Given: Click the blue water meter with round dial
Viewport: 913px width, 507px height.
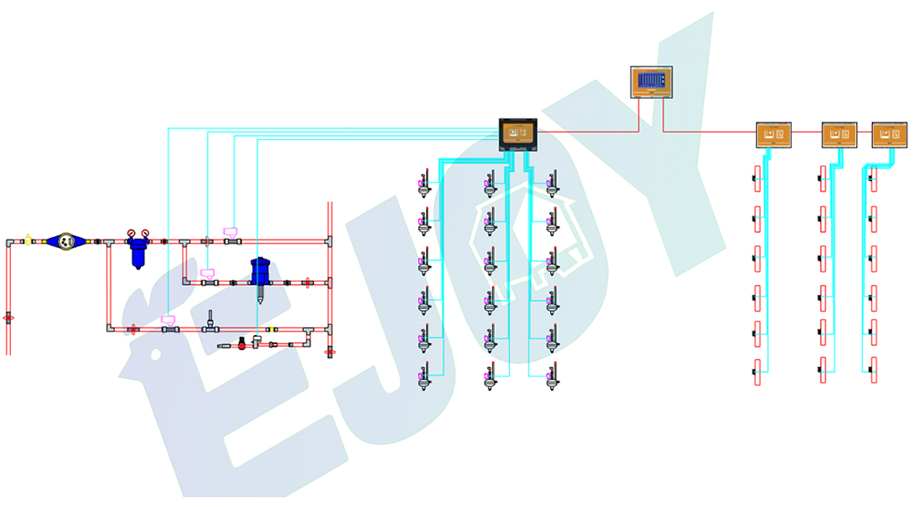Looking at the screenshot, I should (64, 241).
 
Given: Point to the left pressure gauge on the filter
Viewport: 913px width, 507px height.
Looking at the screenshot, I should (131, 233).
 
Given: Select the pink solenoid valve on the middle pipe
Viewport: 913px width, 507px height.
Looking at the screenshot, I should (207, 273).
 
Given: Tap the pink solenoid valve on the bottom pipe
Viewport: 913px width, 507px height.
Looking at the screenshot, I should (167, 319).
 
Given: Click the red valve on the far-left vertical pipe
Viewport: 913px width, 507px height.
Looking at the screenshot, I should (9, 316).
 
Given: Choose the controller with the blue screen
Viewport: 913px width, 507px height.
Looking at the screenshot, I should (651, 82).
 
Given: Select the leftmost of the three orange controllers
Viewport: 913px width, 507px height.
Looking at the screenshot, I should (774, 135).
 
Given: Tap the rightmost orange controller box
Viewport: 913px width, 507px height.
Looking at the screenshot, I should (889, 135).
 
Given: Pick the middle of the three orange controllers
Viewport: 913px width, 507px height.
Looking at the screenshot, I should (839, 135).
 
